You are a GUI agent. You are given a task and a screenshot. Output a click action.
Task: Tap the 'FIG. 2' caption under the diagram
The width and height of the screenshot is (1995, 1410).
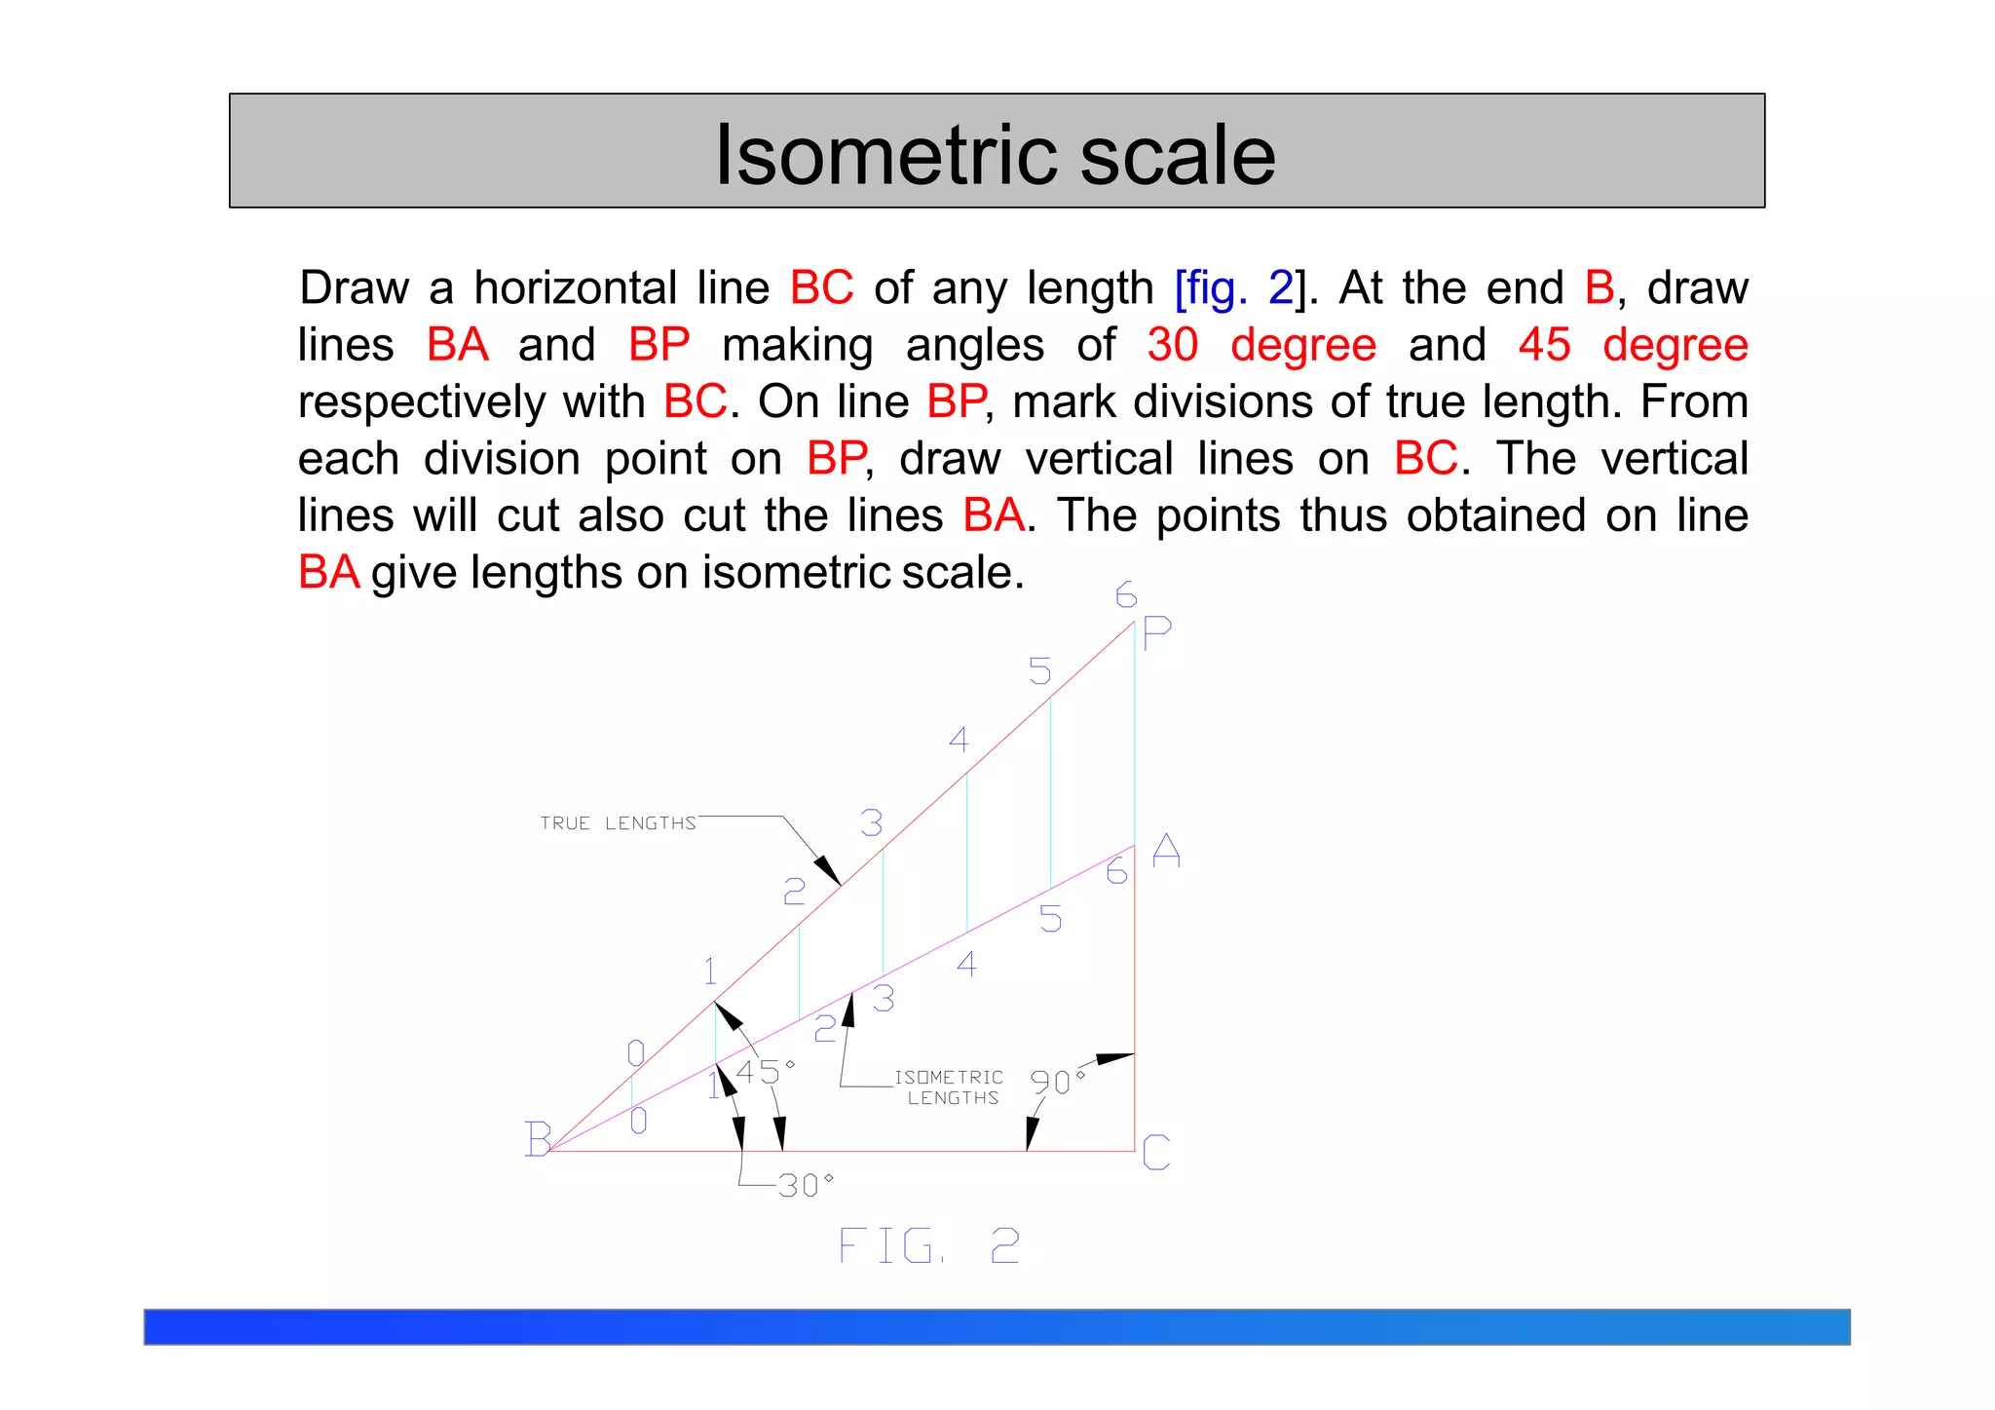928,1246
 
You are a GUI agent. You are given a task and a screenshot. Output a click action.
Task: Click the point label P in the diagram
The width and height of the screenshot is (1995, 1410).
1156,633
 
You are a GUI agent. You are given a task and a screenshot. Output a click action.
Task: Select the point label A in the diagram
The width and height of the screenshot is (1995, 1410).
1166,852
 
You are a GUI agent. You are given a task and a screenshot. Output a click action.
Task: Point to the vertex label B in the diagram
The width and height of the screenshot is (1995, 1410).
538,1138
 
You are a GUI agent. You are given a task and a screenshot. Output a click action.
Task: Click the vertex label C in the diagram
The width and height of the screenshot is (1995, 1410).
1156,1152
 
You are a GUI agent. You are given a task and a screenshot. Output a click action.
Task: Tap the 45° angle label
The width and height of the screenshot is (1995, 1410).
765,1072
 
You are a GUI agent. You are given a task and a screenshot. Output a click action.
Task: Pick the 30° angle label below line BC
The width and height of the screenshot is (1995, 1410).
806,1185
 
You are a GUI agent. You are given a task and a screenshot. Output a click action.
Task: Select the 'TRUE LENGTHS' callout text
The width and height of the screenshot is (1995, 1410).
619,823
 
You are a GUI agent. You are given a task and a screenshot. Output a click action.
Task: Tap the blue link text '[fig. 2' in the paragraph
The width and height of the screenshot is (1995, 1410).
1233,288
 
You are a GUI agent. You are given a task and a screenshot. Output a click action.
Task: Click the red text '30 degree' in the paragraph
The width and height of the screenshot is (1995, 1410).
1261,345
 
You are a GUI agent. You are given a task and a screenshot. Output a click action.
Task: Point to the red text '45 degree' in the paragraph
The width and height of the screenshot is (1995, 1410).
1633,345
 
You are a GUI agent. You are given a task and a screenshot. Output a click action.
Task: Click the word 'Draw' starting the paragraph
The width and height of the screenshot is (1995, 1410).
355,288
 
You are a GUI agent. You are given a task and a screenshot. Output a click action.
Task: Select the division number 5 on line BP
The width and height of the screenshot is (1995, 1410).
1040,671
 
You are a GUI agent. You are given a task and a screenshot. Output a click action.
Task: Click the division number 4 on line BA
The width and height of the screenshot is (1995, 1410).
966,964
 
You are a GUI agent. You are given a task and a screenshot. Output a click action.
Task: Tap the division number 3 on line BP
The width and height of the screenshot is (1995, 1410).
872,823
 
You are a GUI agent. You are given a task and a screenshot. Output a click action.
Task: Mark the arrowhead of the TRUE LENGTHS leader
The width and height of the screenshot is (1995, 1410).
828,870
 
